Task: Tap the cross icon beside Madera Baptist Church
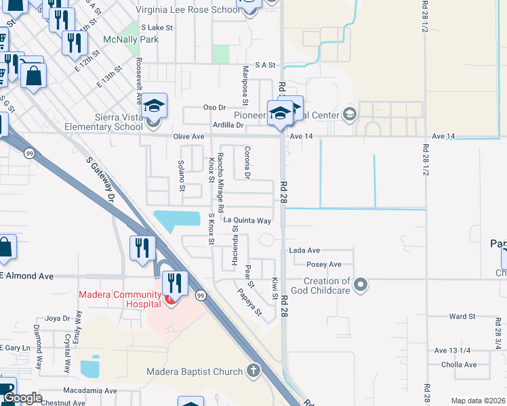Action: click(254, 370)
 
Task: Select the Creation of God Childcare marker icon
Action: click(361, 284)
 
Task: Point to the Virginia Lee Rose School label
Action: click(188, 10)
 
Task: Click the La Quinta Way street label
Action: click(247, 221)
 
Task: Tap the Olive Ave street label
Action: click(188, 137)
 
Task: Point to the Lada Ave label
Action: click(304, 250)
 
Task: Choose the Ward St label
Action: click(462, 316)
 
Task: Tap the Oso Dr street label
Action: click(214, 108)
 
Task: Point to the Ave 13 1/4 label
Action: click(452, 350)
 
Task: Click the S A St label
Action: click(266, 65)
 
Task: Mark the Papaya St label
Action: click(249, 302)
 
